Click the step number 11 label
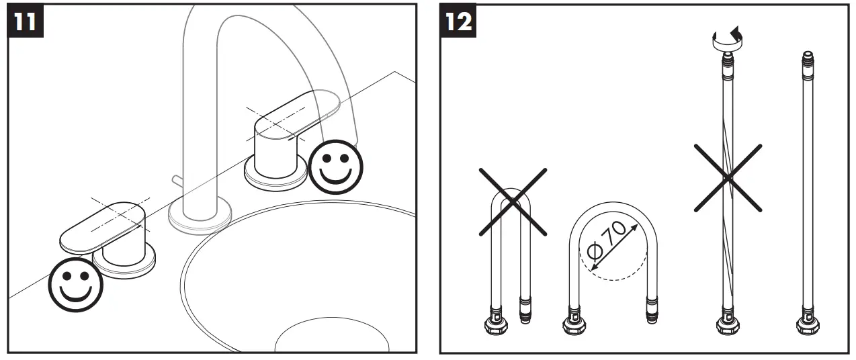(26, 21)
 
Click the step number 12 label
(458, 21)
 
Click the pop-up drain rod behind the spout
(177, 181)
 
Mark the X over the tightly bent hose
(512, 201)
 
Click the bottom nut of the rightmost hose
(807, 326)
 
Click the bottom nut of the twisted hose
(726, 326)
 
